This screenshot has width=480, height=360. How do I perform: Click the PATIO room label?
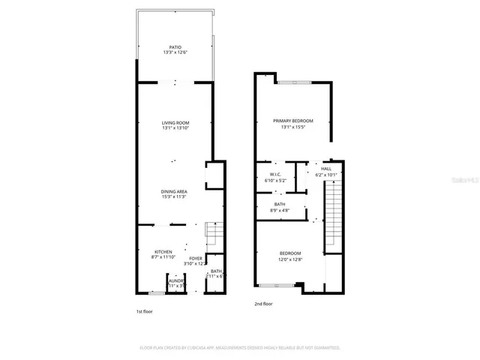point(175,46)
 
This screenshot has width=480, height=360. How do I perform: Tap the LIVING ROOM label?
point(175,122)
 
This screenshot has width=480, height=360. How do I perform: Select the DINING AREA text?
point(174,191)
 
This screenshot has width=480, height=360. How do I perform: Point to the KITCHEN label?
point(163,251)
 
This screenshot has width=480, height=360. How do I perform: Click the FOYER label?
point(195,259)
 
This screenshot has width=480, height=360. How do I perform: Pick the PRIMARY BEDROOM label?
point(292,121)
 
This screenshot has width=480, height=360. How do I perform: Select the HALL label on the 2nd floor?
point(326,169)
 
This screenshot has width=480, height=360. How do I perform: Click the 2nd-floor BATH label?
point(279,205)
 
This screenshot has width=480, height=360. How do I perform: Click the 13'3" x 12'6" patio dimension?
point(175,52)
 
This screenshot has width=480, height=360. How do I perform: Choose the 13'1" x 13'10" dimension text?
point(175,128)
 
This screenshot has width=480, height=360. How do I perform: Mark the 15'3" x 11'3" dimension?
point(174,197)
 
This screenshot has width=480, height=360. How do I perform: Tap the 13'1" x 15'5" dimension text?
point(292,127)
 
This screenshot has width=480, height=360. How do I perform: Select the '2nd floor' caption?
point(263,304)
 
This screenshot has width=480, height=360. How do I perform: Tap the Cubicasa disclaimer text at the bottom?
point(240,348)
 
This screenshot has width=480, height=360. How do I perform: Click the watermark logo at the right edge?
point(471,181)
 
